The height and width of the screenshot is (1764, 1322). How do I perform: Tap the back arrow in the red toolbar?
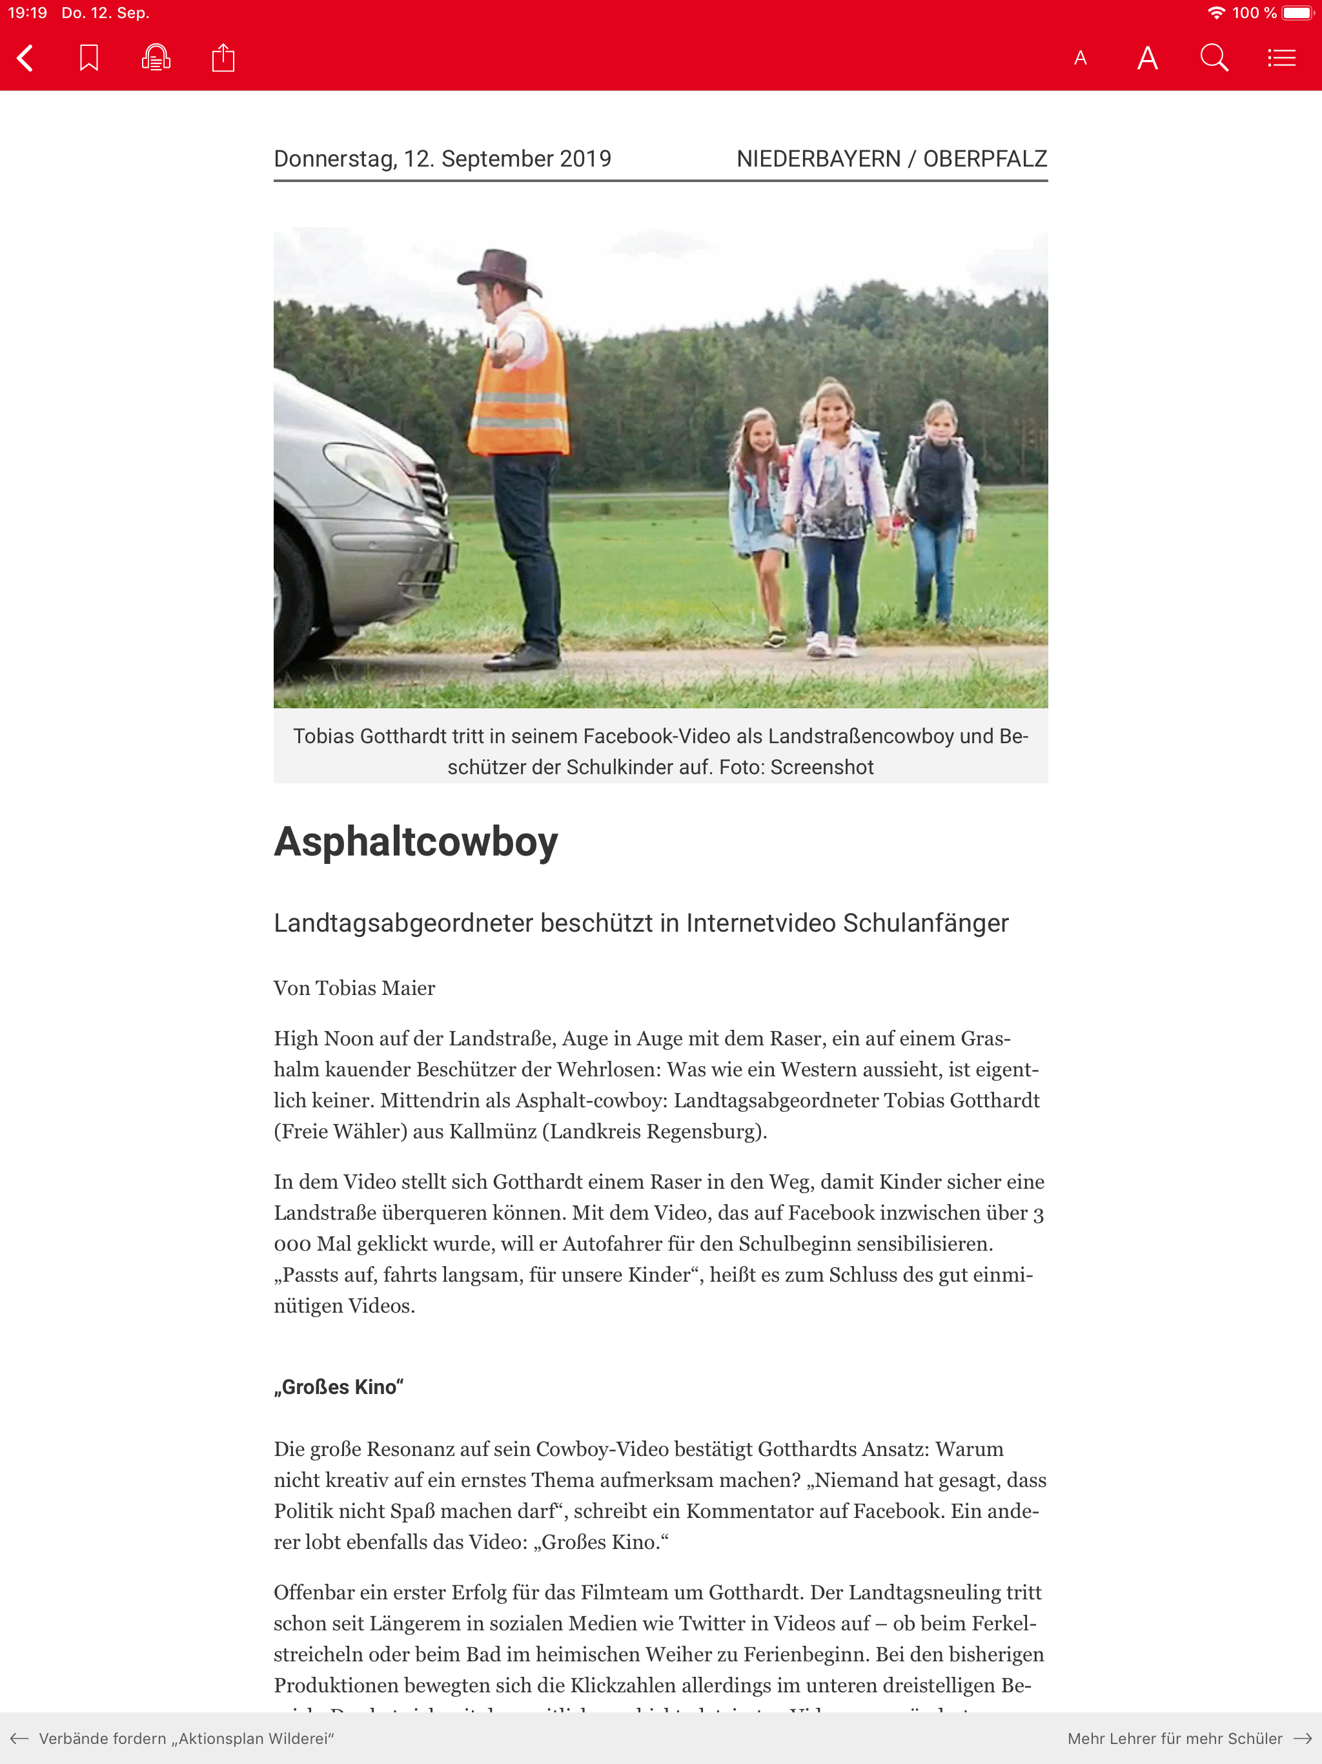pos(26,58)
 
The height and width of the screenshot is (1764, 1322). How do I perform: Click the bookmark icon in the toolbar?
pos(88,58)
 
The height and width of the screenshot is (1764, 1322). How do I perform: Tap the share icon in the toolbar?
pos(223,58)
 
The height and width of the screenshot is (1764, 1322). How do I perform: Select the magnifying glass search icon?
pos(1214,58)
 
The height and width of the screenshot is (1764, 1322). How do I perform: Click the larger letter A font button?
pos(1147,58)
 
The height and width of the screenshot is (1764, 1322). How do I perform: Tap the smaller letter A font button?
pos(1081,58)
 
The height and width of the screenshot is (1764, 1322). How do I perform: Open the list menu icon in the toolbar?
pos(1281,58)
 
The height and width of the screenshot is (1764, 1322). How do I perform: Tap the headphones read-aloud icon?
pos(156,58)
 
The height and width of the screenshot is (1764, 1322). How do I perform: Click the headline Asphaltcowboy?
pos(416,841)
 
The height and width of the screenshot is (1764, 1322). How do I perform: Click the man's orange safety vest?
pos(522,391)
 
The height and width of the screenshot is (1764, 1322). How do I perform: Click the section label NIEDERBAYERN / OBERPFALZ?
pos(891,159)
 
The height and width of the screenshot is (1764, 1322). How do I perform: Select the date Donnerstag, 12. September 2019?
pos(443,159)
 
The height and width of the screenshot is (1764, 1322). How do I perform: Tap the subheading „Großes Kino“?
pos(339,1387)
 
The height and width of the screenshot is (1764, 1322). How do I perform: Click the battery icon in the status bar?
pos(1296,13)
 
